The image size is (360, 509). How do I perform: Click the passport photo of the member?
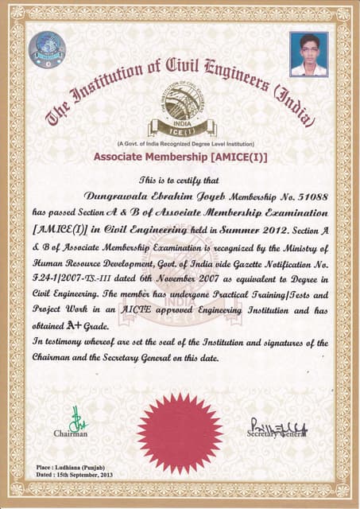point(308,53)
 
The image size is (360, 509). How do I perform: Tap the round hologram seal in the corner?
point(47,49)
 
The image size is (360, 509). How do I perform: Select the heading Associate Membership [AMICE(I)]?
point(180,157)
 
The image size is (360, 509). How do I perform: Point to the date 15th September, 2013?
point(90,473)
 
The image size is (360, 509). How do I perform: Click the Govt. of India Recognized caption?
point(180,143)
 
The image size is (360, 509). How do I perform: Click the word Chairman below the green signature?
point(71,434)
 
